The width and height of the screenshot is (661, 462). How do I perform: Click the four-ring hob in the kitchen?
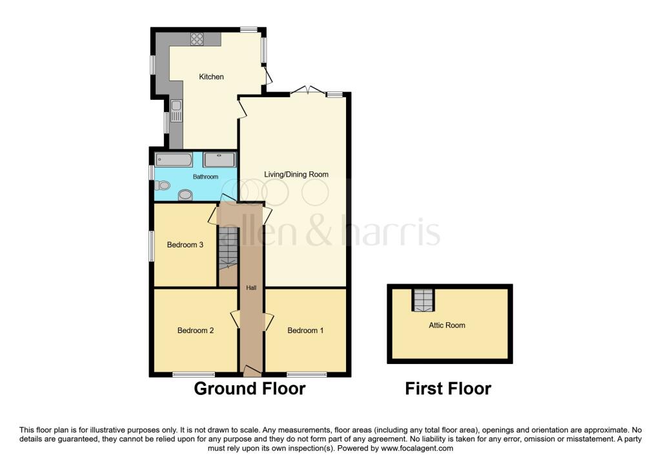point(197,38)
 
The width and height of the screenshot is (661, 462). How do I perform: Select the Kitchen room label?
point(211,77)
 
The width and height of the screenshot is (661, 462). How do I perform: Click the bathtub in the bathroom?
point(174,160)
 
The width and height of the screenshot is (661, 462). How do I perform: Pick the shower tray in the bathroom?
point(219,160)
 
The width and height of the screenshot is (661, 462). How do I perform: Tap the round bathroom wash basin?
point(185,195)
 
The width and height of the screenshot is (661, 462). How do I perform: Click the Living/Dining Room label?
point(296,175)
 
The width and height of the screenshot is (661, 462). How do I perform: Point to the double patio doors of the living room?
point(307,91)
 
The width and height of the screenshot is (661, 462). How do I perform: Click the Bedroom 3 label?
point(185,245)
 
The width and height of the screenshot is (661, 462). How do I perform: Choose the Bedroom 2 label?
point(196,331)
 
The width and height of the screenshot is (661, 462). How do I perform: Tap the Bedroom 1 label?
point(305,331)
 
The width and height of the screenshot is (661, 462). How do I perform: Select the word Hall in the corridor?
point(251,288)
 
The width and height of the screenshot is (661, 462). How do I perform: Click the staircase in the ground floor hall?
point(228,248)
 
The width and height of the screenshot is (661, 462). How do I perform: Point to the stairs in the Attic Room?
point(423,300)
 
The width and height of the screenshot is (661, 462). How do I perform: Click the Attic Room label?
point(447,325)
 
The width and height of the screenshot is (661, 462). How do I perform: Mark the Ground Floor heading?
point(249,389)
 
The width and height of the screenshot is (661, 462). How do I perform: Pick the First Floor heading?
point(448,389)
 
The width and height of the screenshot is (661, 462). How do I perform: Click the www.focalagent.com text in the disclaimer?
point(417,448)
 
